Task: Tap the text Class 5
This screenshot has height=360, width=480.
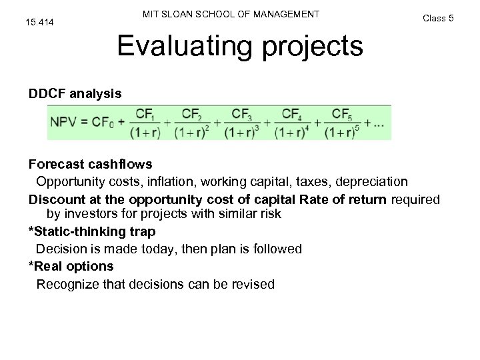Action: tap(438, 18)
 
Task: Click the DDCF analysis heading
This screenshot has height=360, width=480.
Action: tap(75, 94)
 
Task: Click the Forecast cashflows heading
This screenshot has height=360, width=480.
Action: tap(90, 164)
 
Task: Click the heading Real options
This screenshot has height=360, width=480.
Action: tap(71, 266)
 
